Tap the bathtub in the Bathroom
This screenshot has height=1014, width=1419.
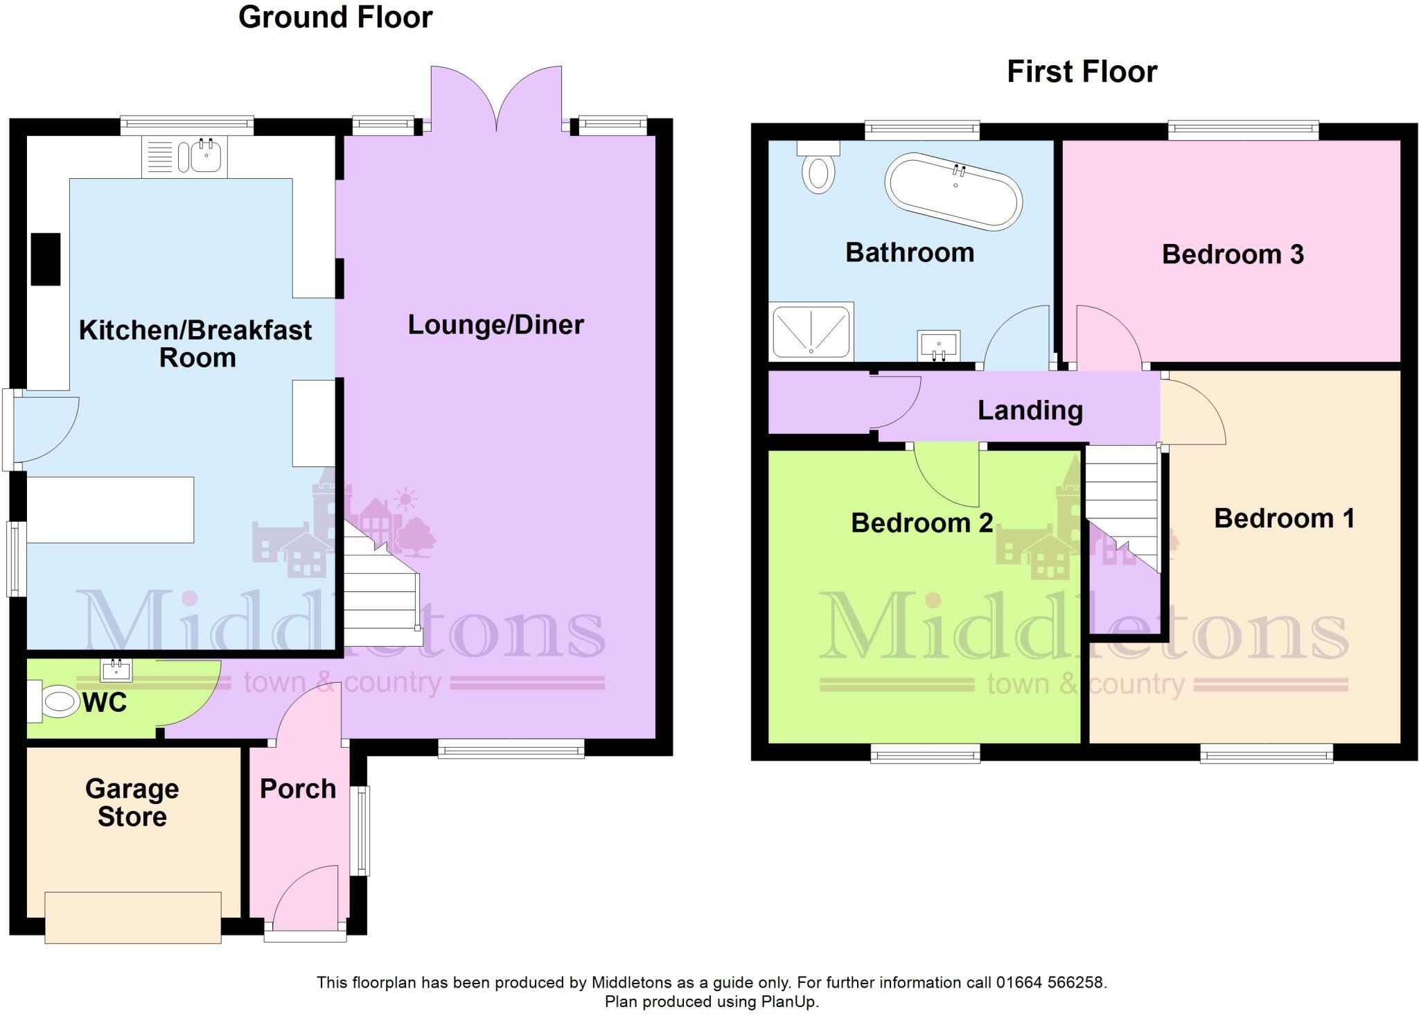tap(953, 191)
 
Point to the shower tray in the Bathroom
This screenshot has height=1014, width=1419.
tap(811, 331)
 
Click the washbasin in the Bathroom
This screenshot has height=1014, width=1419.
tap(938, 344)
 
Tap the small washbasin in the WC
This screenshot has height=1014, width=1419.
tap(116, 670)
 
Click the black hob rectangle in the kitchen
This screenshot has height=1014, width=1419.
tap(46, 259)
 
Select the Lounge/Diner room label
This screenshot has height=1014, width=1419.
tap(495, 324)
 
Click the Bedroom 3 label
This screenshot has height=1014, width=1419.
tap(1232, 254)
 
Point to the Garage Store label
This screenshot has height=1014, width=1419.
tap(132, 802)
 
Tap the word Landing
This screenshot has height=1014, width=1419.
tap(1030, 410)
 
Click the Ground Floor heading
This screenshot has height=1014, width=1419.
tap(335, 17)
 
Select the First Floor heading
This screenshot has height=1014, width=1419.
tap(1082, 71)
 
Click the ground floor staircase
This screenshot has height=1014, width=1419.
tap(381, 596)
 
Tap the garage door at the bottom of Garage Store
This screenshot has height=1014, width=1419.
tap(133, 918)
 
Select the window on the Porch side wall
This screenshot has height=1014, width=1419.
tap(363, 830)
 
